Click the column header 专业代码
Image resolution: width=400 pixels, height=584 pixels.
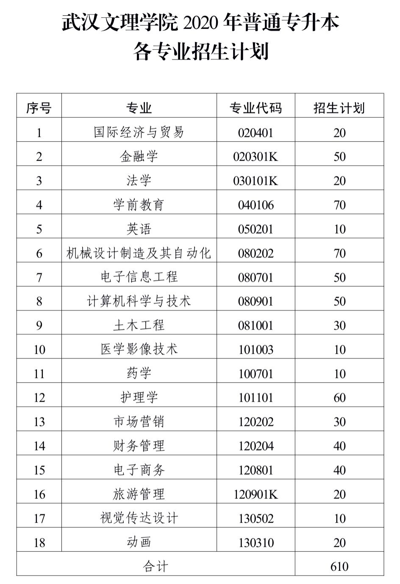tap(256, 108)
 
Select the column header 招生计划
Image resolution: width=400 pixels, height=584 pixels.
tap(339, 108)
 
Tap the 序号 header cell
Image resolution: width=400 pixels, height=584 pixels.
tap(39, 108)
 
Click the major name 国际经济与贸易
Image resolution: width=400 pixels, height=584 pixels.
tap(139, 132)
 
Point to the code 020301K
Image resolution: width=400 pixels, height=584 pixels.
tap(256, 157)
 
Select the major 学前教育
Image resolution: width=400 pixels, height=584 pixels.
tap(139, 205)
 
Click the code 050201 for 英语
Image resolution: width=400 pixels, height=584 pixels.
tap(256, 229)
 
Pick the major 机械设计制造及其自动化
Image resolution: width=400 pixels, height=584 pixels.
tap(139, 253)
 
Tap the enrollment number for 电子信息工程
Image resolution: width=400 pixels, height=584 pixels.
tap(339, 277)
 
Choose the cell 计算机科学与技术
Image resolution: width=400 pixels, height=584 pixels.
tap(139, 301)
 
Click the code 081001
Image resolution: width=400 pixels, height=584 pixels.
tap(256, 325)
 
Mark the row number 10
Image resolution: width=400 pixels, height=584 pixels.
tap(39, 349)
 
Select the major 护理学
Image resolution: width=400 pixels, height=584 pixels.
tap(139, 397)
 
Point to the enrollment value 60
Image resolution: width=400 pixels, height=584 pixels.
tap(339, 397)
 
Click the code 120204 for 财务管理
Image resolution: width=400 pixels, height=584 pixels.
tap(256, 446)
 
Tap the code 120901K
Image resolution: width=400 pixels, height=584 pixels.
tap(256, 494)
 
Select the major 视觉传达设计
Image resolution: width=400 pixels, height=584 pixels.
tap(139, 518)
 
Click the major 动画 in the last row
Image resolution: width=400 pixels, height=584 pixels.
tap(139, 542)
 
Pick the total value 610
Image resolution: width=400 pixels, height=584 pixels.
tap(339, 566)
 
